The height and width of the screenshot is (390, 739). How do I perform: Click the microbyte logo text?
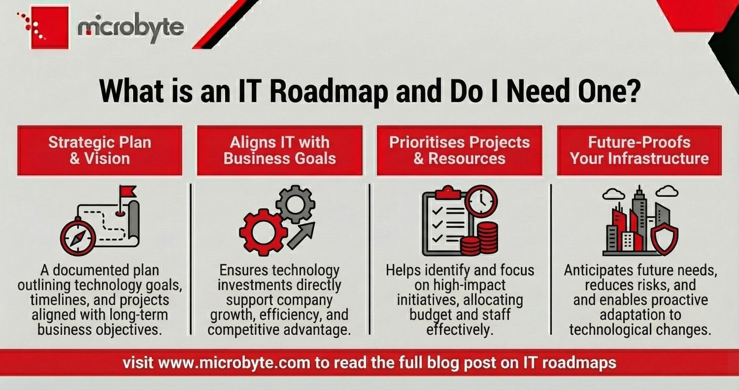(131, 28)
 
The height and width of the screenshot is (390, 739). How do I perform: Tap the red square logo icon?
(50, 28)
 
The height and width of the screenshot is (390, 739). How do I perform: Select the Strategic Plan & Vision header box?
(100, 150)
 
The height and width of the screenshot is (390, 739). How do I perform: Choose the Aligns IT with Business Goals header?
(279, 150)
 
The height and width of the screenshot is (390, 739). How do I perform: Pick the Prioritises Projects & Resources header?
(459, 150)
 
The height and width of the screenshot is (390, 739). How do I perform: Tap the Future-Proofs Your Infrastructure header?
(639, 150)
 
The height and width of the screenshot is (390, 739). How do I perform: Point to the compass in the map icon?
(77, 237)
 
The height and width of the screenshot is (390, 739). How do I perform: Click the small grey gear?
(295, 203)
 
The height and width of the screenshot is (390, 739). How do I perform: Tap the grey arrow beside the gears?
(301, 235)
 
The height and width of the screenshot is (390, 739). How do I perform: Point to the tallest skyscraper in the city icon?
(639, 217)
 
